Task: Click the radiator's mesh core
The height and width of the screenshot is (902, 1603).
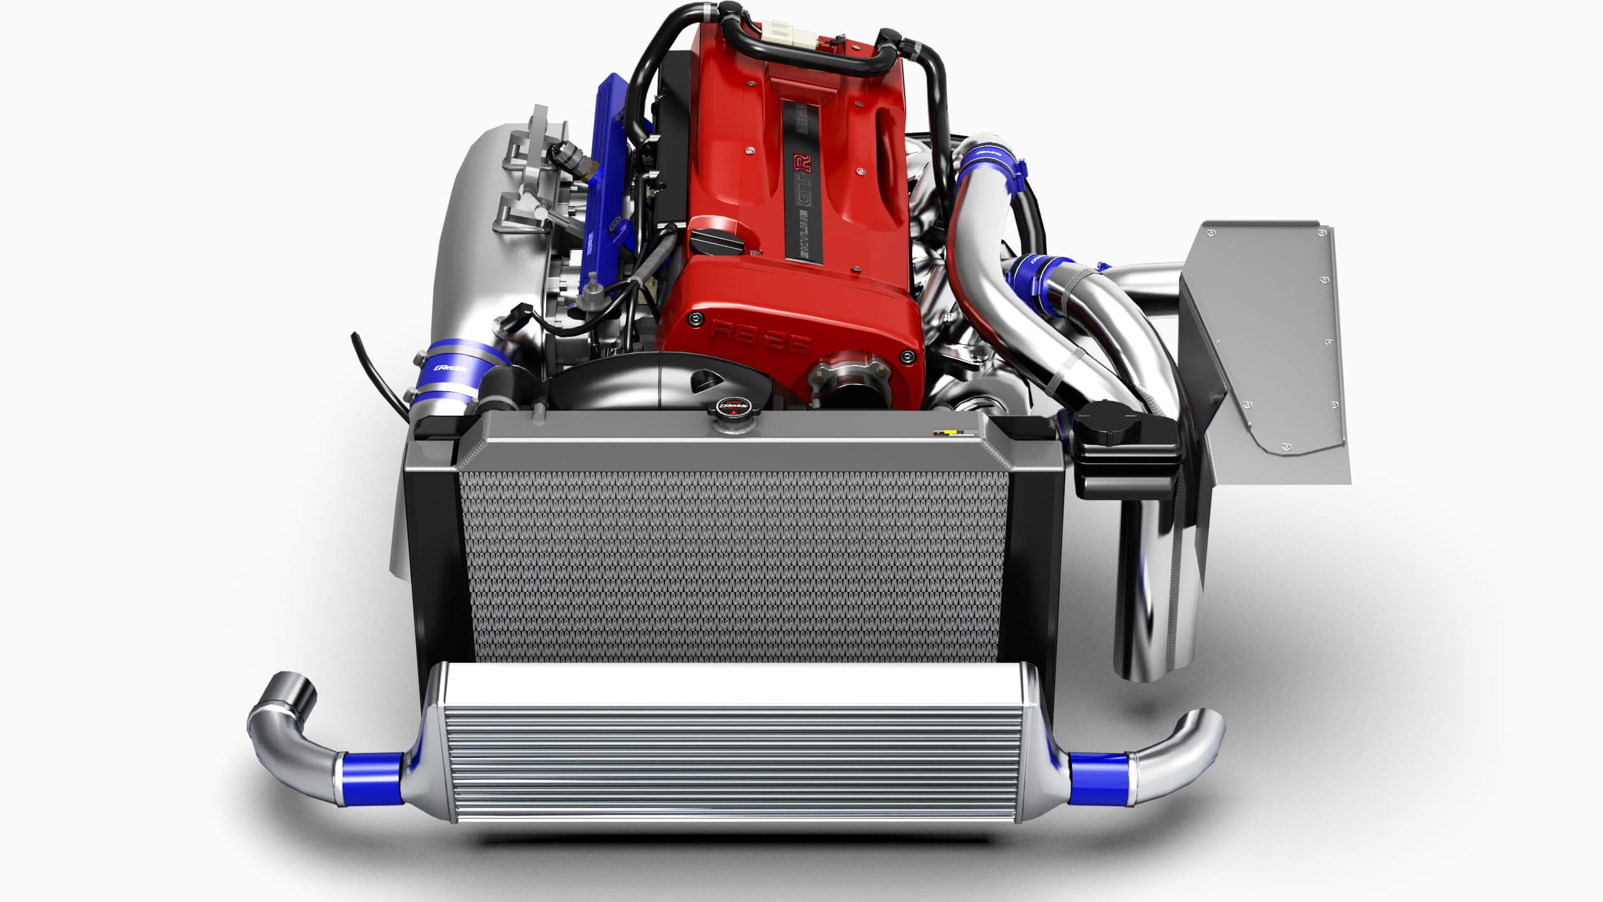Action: pos(733,563)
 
